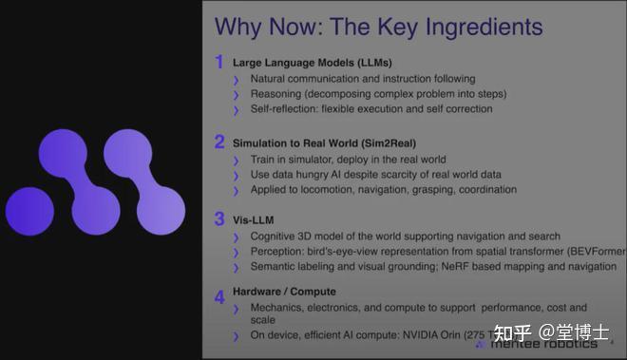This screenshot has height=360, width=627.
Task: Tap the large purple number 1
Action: pyautogui.click(x=218, y=63)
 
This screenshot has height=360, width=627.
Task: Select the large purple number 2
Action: pyautogui.click(x=219, y=142)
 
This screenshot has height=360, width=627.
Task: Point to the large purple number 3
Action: pyautogui.click(x=219, y=220)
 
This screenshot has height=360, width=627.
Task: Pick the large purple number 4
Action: pyautogui.click(x=219, y=296)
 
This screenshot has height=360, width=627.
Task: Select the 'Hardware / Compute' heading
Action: pyautogui.click(x=286, y=292)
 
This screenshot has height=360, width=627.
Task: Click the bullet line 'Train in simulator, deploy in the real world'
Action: pyautogui.click(x=348, y=160)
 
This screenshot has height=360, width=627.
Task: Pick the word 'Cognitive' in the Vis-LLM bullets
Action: pyautogui.click(x=275, y=236)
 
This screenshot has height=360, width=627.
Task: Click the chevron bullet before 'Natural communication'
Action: pyautogui.click(x=237, y=80)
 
